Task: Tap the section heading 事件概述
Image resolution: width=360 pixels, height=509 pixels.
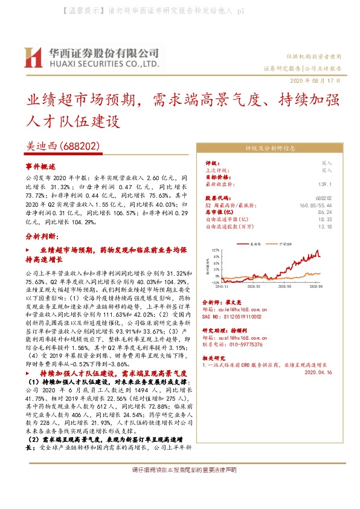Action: click(40, 166)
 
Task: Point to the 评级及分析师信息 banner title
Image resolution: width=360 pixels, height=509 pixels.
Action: click(269, 148)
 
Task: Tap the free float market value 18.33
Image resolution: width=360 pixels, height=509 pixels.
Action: click(325, 219)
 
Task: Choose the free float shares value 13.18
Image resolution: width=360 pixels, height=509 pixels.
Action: click(325, 227)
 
